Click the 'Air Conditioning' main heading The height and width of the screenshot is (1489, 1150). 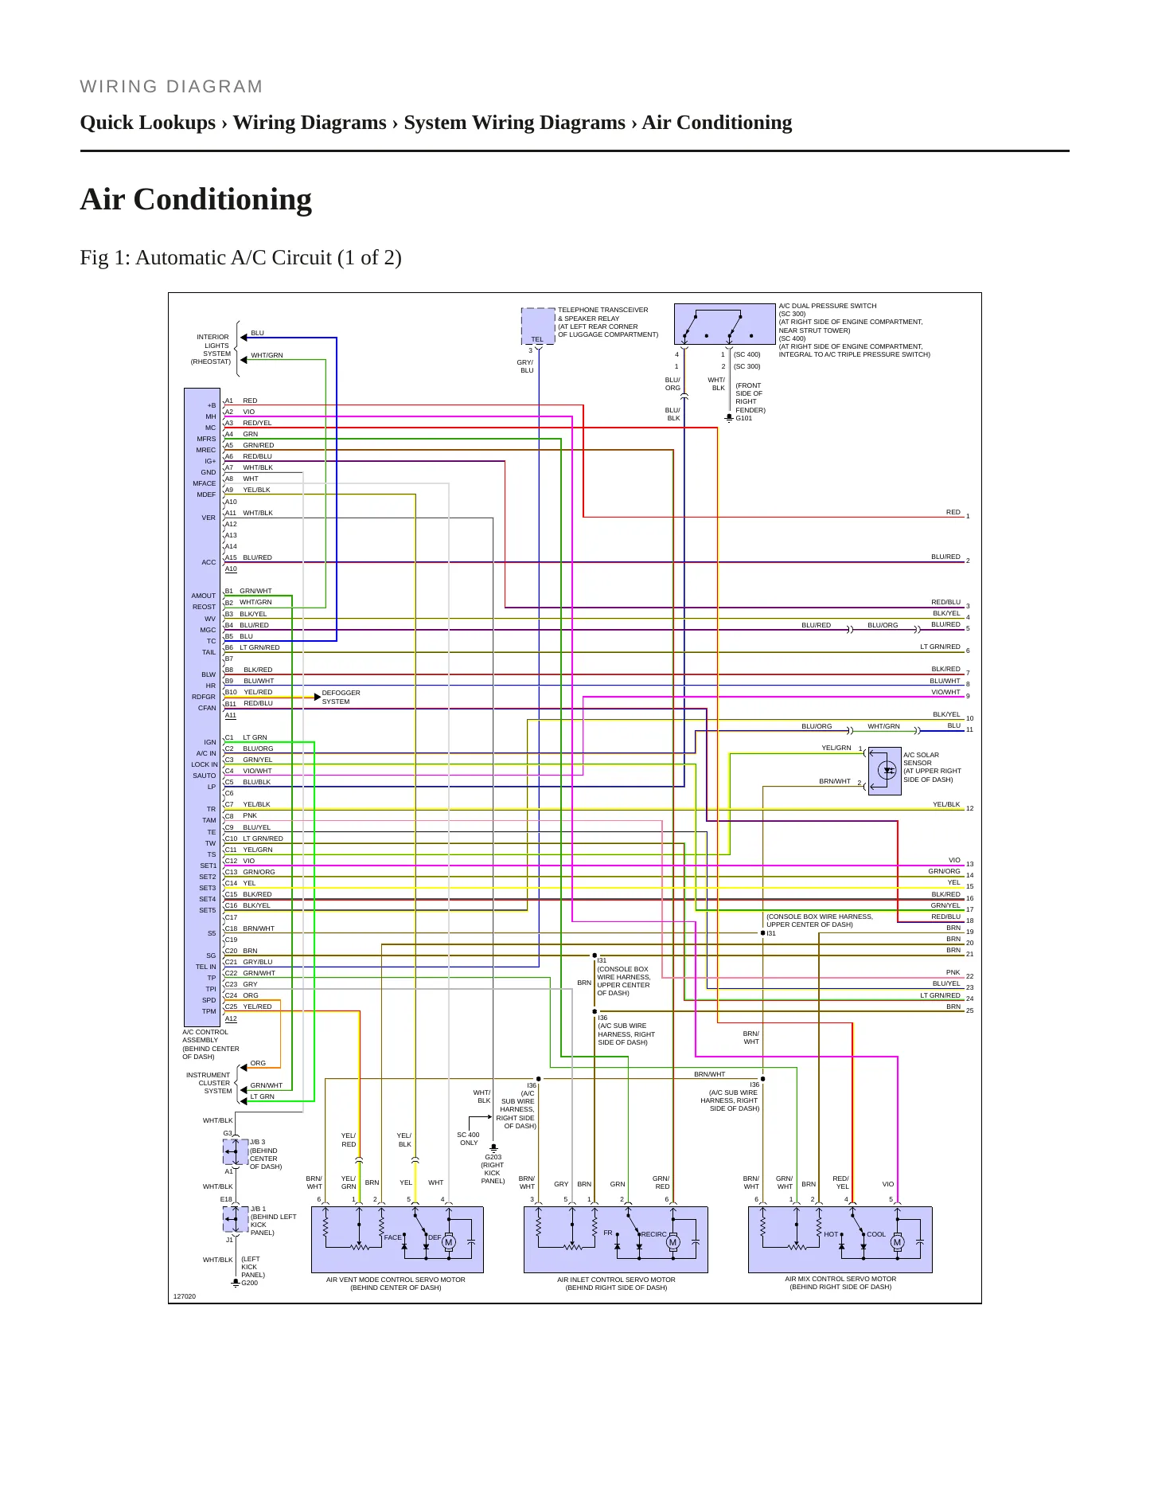[x=196, y=200]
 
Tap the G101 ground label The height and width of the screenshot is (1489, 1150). [x=743, y=418]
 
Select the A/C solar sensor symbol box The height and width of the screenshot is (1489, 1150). [x=884, y=771]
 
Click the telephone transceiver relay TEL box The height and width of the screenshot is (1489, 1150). [x=538, y=326]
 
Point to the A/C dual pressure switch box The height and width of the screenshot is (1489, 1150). [x=724, y=324]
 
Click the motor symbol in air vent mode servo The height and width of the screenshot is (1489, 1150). [x=448, y=1242]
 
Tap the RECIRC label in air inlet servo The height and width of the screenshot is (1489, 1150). [x=653, y=1234]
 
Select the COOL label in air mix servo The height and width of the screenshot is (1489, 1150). [x=875, y=1234]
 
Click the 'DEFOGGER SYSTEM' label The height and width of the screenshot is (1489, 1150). [x=341, y=698]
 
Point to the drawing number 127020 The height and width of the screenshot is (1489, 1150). [x=185, y=1296]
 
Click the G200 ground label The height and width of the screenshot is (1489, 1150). [x=249, y=1283]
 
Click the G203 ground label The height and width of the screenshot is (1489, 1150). [x=493, y=1157]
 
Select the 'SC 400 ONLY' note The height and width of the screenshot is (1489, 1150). [x=468, y=1139]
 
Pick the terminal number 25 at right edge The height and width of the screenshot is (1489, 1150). [x=969, y=1010]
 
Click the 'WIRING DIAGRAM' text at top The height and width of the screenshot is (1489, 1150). [x=171, y=87]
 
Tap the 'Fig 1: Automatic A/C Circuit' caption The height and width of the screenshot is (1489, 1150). [x=240, y=258]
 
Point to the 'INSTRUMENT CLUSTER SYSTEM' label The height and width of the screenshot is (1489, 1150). [x=209, y=1083]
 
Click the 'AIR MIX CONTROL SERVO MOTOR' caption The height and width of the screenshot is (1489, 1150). [x=840, y=1279]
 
